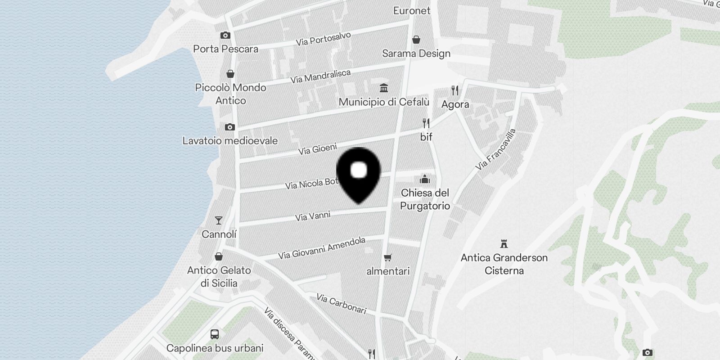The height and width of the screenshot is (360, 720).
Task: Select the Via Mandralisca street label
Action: point(320,76)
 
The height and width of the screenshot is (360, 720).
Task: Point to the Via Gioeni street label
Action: point(317,148)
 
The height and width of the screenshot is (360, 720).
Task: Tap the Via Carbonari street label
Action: point(341,304)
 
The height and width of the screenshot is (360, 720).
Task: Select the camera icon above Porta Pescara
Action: point(225,35)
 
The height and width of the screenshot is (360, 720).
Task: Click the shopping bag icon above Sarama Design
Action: point(416,40)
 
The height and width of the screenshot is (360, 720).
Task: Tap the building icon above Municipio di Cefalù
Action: point(384,88)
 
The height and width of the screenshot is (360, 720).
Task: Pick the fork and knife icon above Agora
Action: point(455,90)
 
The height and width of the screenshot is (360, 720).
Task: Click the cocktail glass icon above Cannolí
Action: point(219,220)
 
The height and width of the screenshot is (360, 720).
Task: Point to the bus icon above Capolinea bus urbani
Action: point(215,334)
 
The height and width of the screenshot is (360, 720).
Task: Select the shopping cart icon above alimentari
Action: point(387,257)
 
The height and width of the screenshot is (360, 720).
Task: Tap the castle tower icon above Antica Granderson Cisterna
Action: point(504,244)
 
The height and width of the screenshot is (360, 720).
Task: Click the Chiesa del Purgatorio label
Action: point(425,199)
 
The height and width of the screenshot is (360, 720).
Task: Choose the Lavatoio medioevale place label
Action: point(230,140)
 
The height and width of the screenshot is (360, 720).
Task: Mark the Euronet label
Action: point(412,10)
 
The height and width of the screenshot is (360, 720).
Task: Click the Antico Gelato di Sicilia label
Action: point(219,276)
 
